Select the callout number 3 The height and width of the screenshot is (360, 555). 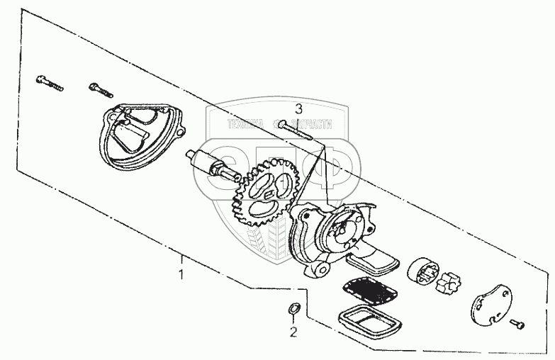click(298, 109)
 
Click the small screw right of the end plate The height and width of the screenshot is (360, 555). click(518, 323)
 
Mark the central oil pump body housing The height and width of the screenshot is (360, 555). click(334, 233)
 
